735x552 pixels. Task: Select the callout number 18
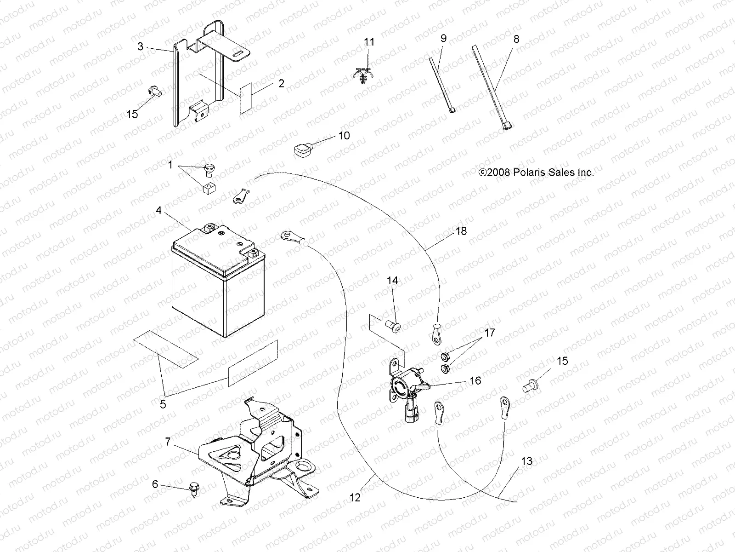(x=461, y=231)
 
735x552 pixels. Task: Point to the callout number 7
(x=168, y=442)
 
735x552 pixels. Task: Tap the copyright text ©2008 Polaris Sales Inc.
(x=536, y=172)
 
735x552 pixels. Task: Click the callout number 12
(x=355, y=497)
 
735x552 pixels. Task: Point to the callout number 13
(x=527, y=460)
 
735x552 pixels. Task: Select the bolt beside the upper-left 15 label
(x=155, y=91)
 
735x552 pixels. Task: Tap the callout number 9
(x=443, y=38)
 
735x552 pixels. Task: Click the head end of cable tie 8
(x=508, y=127)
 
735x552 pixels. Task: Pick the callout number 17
(x=490, y=333)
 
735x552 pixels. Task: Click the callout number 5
(x=163, y=404)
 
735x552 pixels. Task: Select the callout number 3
(x=141, y=46)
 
